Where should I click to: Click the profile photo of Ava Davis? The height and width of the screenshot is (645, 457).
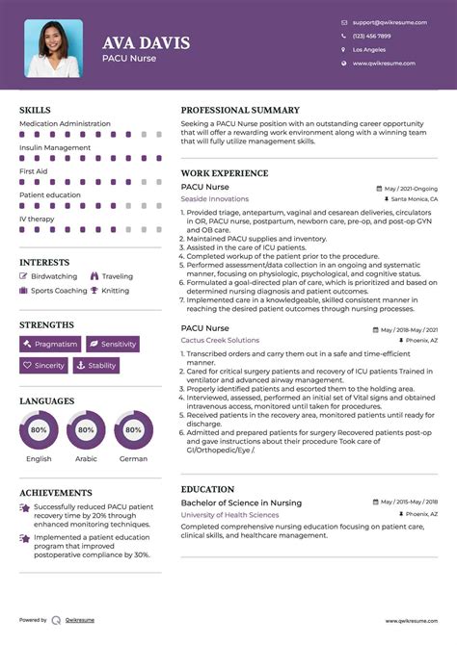pos(53,47)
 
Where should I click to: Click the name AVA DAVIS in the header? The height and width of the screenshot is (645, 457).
pos(146,43)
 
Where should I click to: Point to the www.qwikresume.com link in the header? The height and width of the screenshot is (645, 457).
pos(384,64)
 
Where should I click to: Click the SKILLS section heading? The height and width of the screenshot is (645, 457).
pos(35,111)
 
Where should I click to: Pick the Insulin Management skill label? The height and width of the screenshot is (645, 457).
pos(55,148)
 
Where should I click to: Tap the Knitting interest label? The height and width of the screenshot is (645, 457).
pos(115,290)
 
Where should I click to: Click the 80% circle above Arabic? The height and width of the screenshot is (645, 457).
pos(86,429)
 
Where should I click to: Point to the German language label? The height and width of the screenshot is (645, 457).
pos(133,459)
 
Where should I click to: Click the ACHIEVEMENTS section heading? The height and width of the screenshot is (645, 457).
pos(56,492)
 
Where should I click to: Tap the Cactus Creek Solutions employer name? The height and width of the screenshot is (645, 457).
pos(220,340)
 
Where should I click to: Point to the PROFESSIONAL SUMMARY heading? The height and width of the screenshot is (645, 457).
pos(240,111)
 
